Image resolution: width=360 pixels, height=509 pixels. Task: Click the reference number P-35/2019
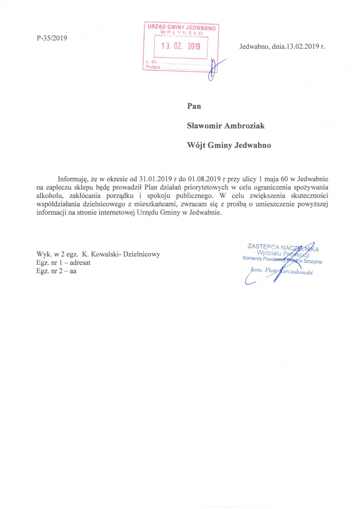point(52,38)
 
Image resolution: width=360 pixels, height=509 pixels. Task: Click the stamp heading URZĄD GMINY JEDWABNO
point(181,28)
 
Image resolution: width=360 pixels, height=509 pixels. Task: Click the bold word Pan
point(194,105)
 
